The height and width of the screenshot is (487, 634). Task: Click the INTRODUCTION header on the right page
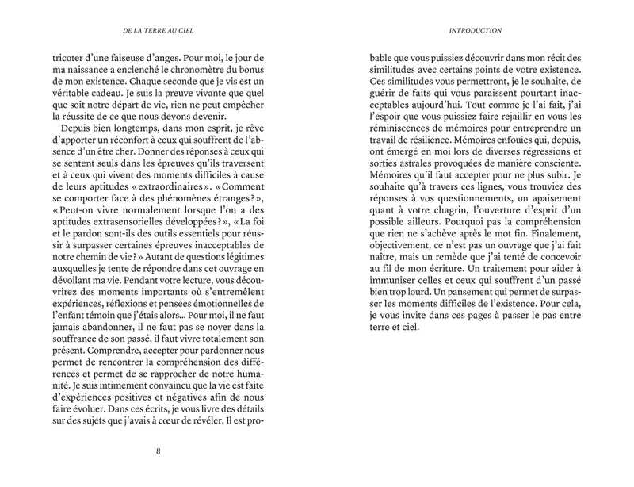[x=475, y=31]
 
